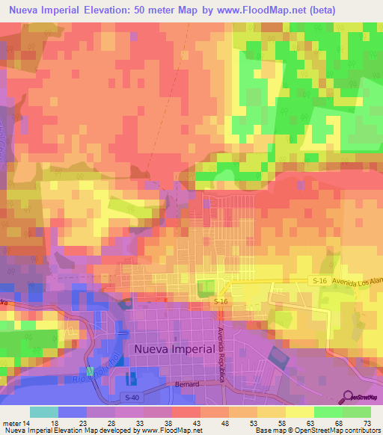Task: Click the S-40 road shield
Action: coord(132,397)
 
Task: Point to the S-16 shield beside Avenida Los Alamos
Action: coord(319,280)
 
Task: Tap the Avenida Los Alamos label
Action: coord(358,281)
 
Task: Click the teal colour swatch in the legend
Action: coord(43,411)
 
